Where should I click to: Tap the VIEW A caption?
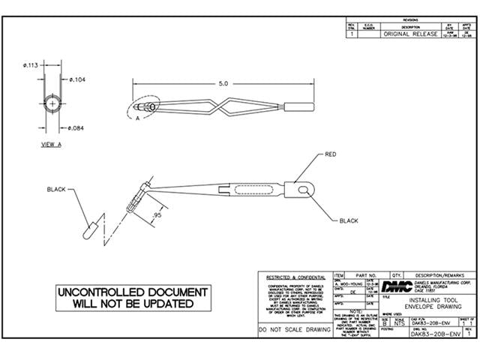tap(51, 144)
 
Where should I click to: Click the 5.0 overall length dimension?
tap(223, 83)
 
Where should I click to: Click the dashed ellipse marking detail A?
tap(142, 110)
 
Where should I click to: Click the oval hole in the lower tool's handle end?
tap(303, 191)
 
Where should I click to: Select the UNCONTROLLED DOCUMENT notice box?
tap(131, 298)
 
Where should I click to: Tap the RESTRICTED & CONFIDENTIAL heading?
tap(293, 277)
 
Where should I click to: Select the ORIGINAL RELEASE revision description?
tap(409, 34)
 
